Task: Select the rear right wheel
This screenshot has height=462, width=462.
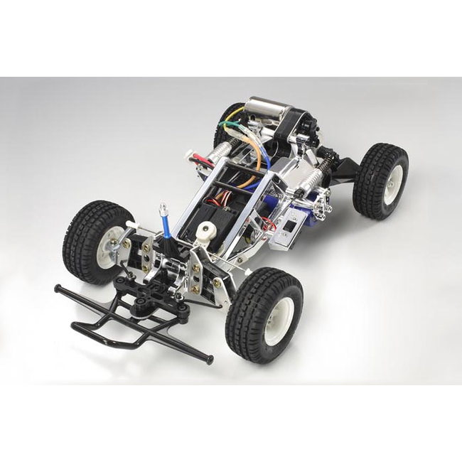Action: pyautogui.click(x=381, y=181)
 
